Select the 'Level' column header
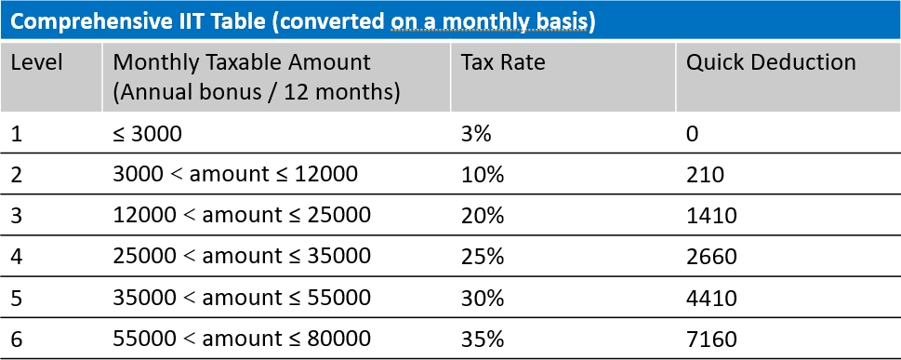[x=37, y=63]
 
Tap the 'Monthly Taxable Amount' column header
[x=241, y=63]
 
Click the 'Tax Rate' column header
[x=502, y=63]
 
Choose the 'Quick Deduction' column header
[x=770, y=63]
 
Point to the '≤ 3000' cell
[x=147, y=133]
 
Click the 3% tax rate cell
[x=475, y=133]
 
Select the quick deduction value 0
[x=693, y=133]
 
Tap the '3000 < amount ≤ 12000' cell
[x=221, y=174]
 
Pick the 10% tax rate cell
[x=481, y=174]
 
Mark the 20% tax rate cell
[x=482, y=215]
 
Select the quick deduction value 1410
[x=711, y=215]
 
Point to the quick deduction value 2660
[x=711, y=256]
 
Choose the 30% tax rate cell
[x=482, y=297]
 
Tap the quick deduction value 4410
[x=711, y=297]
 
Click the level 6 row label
[x=18, y=338]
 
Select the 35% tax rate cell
[x=482, y=338]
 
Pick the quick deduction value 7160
[x=711, y=338]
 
